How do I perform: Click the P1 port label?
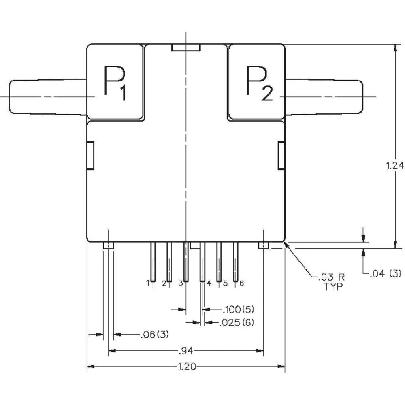115,83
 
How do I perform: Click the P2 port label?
259,83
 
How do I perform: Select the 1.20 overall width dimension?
187,367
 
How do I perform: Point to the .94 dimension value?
187,350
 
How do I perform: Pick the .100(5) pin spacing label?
238,310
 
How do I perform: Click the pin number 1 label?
148,283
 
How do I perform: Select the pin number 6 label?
241,283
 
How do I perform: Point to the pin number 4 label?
209,283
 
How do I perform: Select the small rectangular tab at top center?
186,48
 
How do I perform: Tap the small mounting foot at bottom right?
264,245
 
